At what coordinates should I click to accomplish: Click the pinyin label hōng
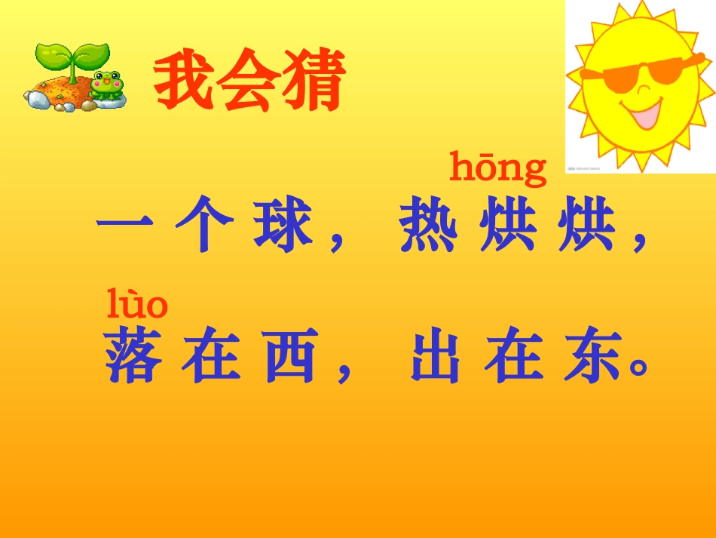click(x=497, y=168)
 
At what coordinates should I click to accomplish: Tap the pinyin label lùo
click(x=136, y=304)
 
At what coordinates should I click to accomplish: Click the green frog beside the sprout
click(x=106, y=85)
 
